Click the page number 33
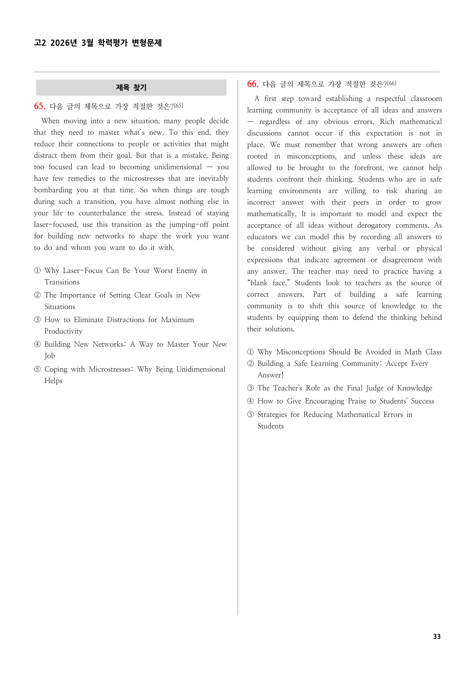436,636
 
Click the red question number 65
40,106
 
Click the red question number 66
253,84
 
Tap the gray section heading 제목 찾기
131,88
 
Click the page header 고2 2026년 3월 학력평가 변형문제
98,43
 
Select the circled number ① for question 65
37,271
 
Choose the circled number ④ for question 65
37,344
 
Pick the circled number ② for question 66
250,364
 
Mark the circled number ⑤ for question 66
250,415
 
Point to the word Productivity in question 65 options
63,331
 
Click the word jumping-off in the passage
189,225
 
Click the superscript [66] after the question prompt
392,83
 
